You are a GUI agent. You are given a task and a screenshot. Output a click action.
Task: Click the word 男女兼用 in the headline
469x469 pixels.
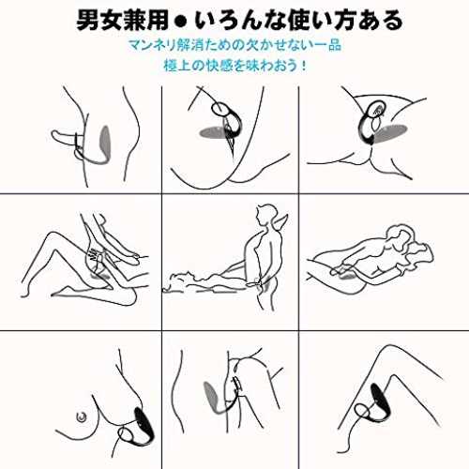(123, 21)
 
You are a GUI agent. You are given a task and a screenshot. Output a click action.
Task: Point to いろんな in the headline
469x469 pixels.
(240, 21)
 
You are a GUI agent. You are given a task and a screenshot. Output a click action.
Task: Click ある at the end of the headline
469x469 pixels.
(380, 21)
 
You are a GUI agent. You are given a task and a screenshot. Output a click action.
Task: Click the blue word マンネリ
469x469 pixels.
(147, 45)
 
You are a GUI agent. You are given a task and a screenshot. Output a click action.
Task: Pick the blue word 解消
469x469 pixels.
(186, 45)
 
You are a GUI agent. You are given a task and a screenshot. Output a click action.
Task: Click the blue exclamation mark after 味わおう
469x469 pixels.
(303, 66)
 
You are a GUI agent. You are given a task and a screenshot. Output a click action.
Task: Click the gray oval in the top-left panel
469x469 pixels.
(105, 141)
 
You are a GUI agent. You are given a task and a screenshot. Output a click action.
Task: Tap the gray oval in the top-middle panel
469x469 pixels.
(213, 132)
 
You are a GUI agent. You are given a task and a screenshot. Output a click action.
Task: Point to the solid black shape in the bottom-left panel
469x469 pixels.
(144, 425)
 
